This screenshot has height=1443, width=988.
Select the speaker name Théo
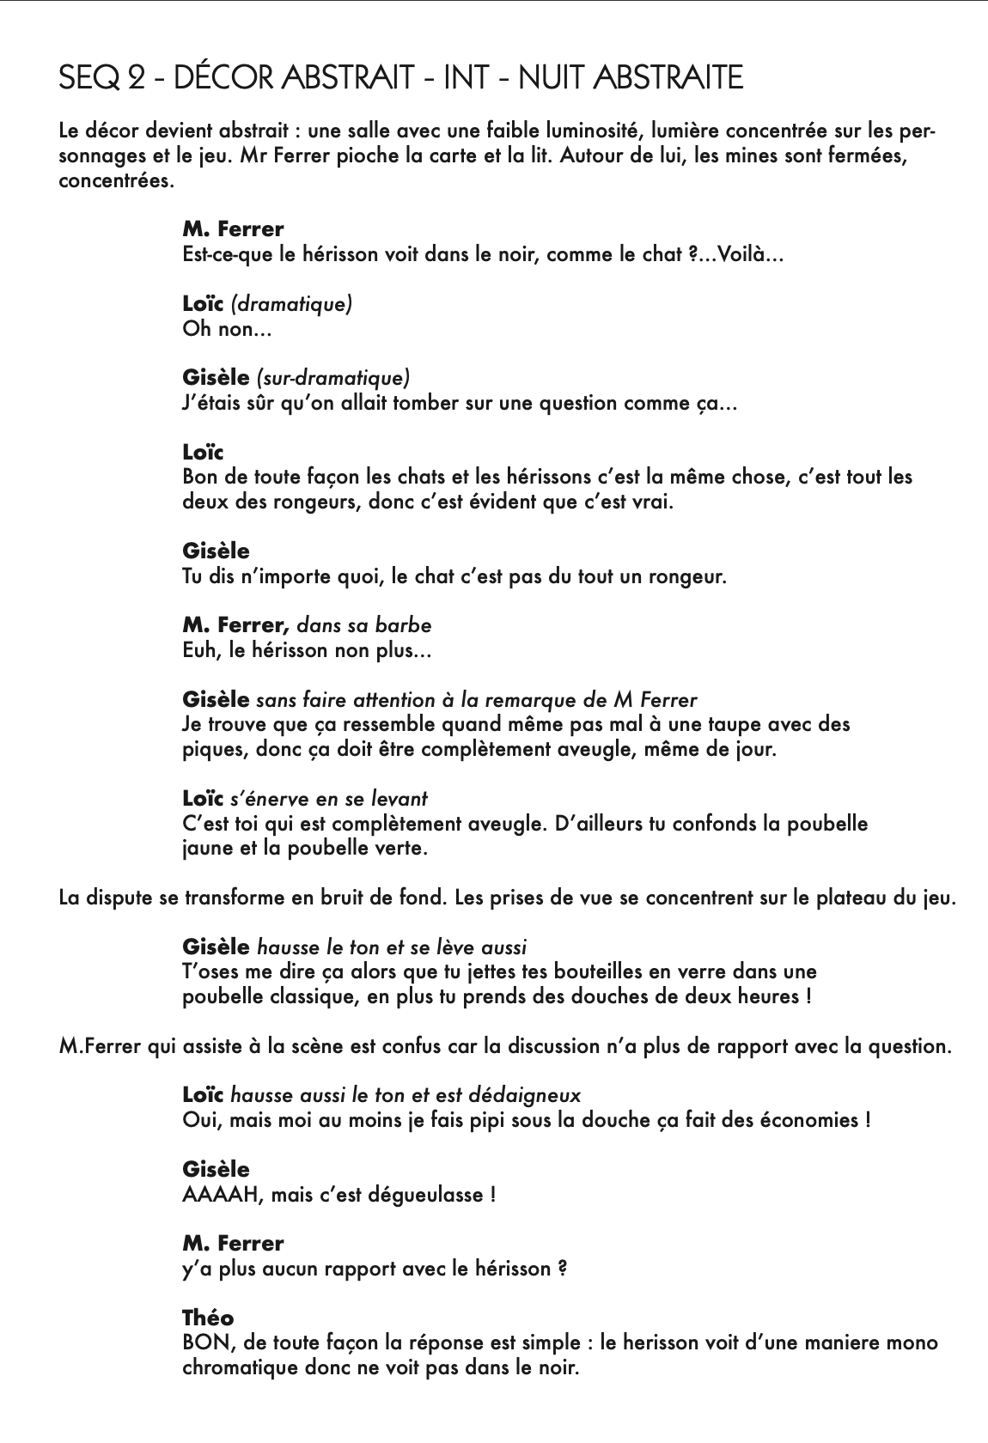point(208,1318)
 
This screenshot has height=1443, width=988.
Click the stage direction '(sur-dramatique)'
point(333,377)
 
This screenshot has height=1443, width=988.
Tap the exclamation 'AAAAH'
point(220,1195)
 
